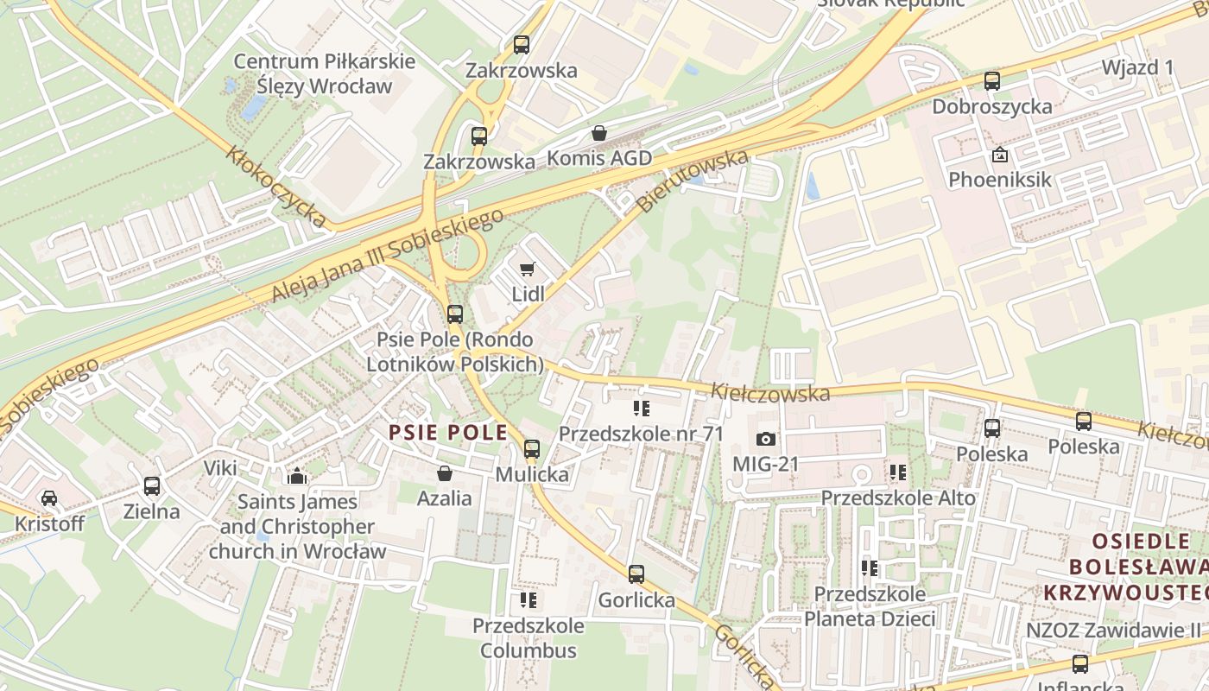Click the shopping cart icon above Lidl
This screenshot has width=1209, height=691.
[528, 269]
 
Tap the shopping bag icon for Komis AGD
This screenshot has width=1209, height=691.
[599, 133]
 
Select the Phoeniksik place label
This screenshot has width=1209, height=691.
[1000, 180]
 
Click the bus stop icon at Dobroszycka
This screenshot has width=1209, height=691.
[992, 81]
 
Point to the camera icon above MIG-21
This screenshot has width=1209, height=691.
[765, 439]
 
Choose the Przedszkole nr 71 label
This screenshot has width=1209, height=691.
[641, 433]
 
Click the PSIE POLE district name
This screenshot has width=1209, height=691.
[447, 433]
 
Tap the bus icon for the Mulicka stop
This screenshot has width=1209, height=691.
[532, 449]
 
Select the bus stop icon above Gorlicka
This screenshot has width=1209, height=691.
[636, 574]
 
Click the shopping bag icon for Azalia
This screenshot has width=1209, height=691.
[445, 473]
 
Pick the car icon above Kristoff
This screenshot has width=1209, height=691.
[49, 498]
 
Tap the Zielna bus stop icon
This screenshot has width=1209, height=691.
[152, 486]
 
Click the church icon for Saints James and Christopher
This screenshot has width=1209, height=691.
[297, 476]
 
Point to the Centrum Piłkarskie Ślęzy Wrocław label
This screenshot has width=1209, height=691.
[325, 74]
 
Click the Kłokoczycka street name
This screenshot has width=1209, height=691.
[276, 187]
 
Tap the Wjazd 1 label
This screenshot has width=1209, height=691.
[1137, 67]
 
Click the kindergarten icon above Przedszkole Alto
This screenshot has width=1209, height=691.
[898, 472]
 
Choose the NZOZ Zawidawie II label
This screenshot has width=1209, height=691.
[1113, 630]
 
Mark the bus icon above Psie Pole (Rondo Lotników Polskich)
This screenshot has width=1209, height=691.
[455, 314]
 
